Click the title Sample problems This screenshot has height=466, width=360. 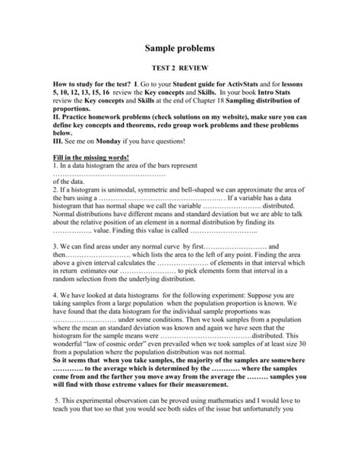(180, 48)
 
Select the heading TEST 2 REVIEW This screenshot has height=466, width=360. (180, 67)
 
